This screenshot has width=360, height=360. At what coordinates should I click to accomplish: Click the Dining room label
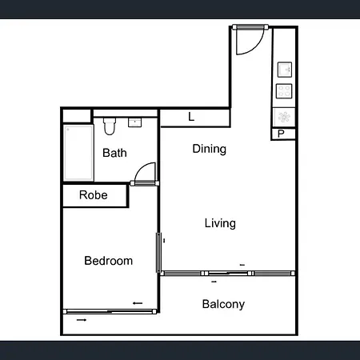coord(210,149)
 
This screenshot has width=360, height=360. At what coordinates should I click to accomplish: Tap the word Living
coord(220,223)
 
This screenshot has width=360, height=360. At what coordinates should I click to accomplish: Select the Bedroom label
coord(108,261)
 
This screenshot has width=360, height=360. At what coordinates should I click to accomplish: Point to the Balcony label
coord(223,304)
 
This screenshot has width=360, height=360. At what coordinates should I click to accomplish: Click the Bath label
coord(114,153)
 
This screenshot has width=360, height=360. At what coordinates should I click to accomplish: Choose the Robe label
coord(94,195)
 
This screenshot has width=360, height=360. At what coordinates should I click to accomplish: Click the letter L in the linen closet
coord(191,117)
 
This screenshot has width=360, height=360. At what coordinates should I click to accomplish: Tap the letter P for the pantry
coord(281,134)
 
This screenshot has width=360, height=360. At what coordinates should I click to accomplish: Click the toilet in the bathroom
coord(110,126)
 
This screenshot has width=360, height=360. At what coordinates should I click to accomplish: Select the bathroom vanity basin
coord(135,122)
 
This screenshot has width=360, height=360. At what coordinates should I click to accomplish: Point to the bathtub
coord(78,153)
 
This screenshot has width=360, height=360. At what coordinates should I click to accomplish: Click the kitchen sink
coord(285,70)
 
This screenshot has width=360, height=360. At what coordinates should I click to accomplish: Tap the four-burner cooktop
coord(284,91)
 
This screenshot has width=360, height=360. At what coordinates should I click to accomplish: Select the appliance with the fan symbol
coord(284,117)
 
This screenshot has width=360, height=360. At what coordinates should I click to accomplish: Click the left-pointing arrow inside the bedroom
coord(138,303)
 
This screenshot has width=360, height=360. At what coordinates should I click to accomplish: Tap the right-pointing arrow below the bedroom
coord(82,320)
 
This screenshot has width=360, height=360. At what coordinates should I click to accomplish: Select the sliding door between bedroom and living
coord(158,253)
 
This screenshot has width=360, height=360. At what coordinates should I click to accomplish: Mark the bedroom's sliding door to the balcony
coord(110,311)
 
